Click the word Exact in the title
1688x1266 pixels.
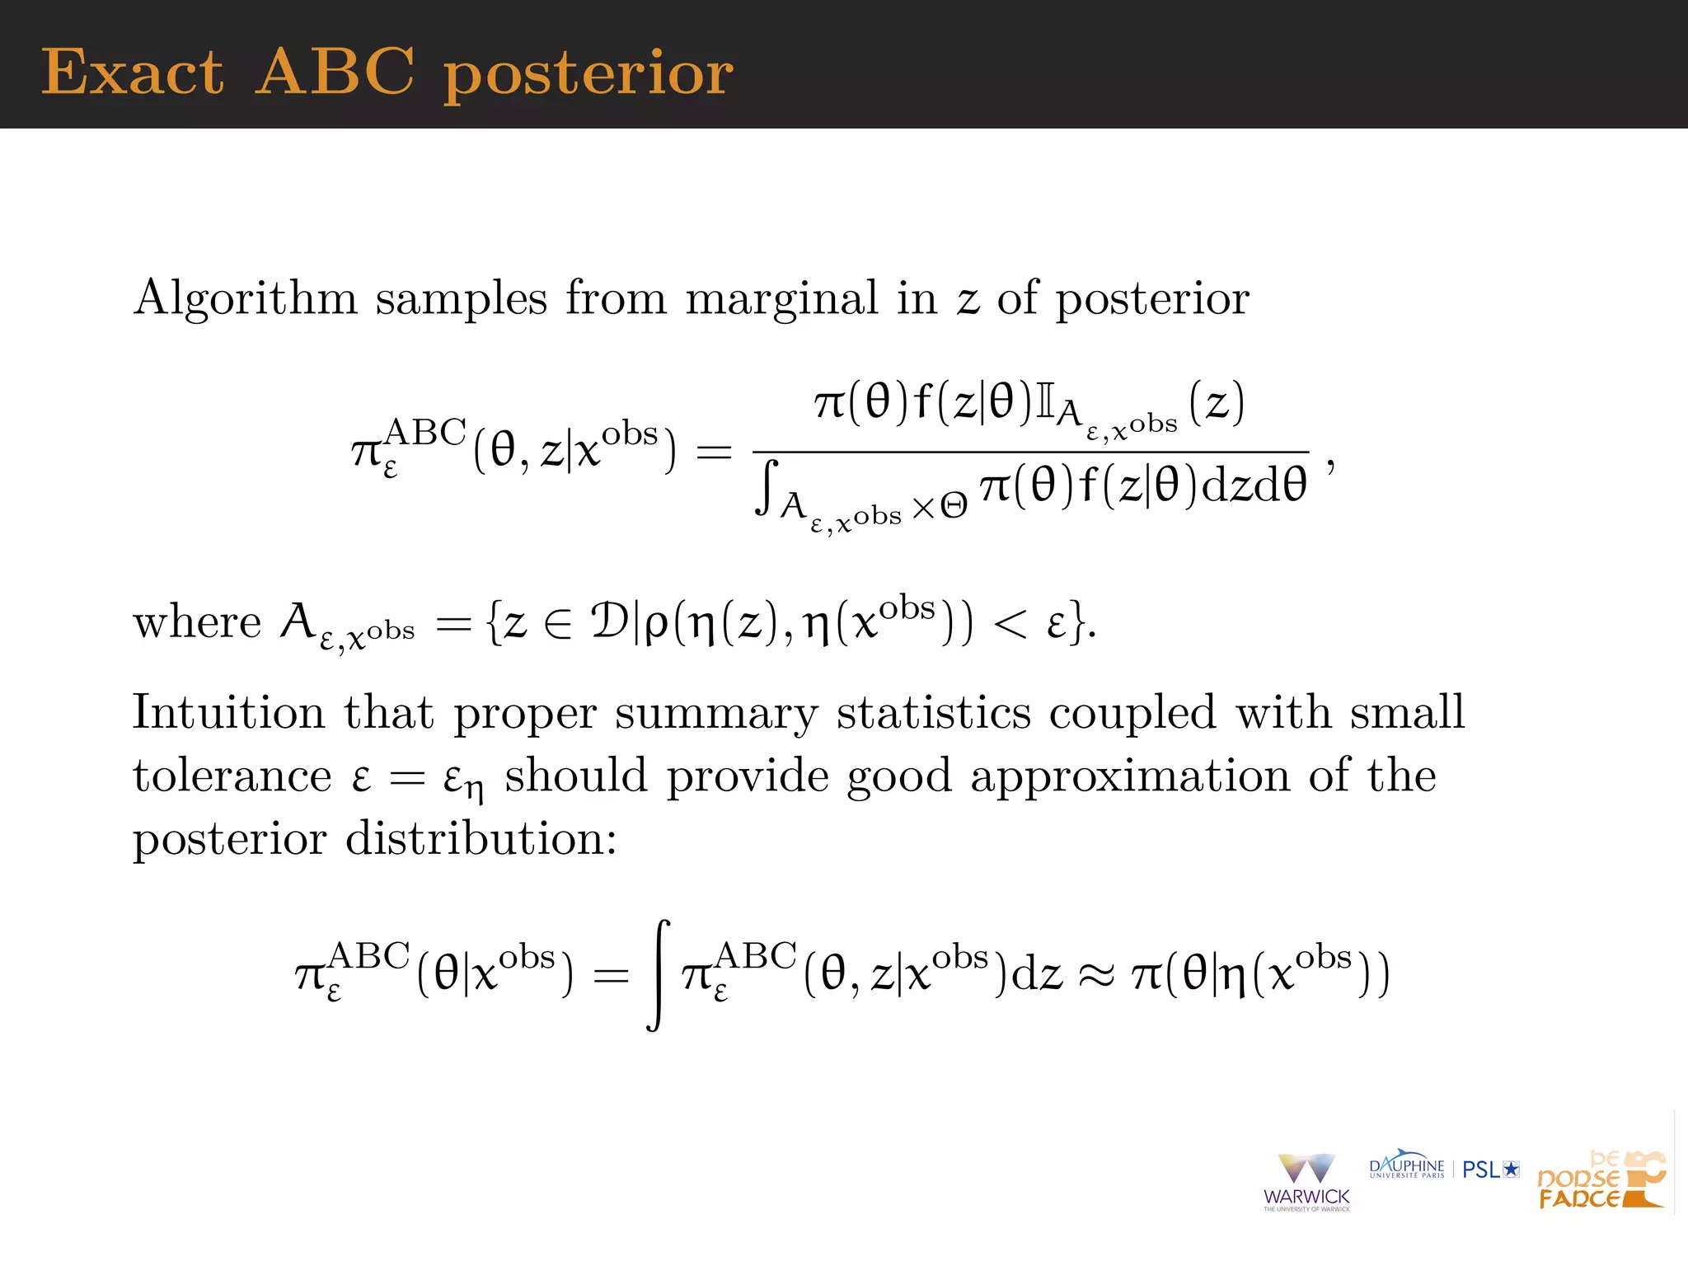click(132, 73)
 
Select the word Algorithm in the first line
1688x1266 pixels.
click(245, 298)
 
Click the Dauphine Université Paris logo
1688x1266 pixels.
click(1406, 1166)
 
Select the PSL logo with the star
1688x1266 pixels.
click(1490, 1169)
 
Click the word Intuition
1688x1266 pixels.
click(228, 711)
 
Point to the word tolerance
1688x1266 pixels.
click(232, 776)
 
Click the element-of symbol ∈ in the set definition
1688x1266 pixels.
click(557, 624)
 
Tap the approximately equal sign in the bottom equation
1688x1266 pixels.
click(1096, 977)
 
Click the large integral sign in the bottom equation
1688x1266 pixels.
click(658, 975)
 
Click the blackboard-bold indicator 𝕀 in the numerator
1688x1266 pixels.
click(1044, 404)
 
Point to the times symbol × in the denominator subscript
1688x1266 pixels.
click(924, 508)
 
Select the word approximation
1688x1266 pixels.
click(1129, 776)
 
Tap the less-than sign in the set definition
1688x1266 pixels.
click(1010, 624)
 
